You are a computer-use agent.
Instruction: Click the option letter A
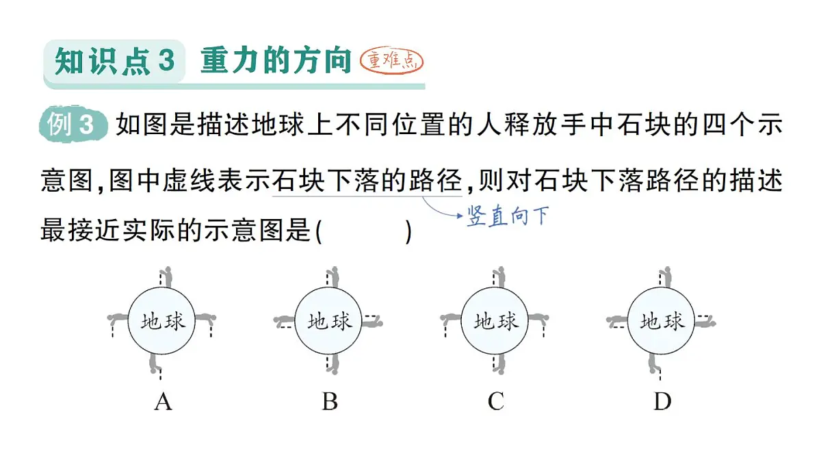(x=163, y=402)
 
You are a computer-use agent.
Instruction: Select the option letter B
(x=330, y=402)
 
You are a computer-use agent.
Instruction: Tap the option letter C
(x=496, y=402)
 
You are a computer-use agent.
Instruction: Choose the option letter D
(x=663, y=402)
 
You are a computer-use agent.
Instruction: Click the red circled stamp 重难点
(x=391, y=61)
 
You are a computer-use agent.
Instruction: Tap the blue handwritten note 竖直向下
(x=508, y=216)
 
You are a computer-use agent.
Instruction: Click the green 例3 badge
(x=73, y=125)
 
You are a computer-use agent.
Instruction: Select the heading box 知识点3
(x=114, y=61)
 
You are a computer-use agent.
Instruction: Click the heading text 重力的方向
(x=276, y=60)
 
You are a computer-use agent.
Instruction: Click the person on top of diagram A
(x=167, y=277)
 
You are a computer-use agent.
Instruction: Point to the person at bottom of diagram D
(x=653, y=363)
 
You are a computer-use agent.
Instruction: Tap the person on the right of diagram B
(x=372, y=322)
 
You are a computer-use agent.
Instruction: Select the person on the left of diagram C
(x=450, y=319)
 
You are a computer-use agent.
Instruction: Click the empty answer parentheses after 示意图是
(x=364, y=232)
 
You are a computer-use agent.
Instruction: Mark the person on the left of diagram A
(x=118, y=319)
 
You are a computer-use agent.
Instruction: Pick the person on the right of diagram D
(x=705, y=322)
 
